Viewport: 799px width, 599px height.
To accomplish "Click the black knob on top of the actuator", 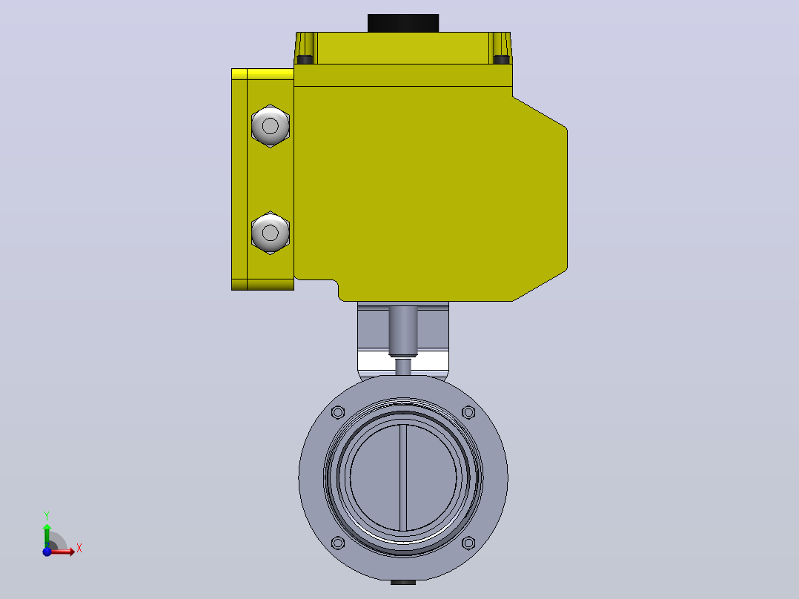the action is tap(403, 23).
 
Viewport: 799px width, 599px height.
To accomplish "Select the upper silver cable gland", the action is tap(271, 126).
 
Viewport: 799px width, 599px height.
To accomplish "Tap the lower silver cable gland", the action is tap(271, 233).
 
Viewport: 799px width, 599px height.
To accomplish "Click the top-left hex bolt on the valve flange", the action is tap(338, 412).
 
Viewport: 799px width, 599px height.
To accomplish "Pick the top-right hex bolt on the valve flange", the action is tap(468, 412).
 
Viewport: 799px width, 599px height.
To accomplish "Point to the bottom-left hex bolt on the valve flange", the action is tap(338, 543).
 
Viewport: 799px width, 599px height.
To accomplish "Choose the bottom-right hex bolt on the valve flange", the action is tap(468, 543).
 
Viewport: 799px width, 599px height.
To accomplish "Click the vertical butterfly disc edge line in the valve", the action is tap(403, 477).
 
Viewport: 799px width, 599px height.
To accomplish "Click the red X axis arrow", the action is tap(63, 552).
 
